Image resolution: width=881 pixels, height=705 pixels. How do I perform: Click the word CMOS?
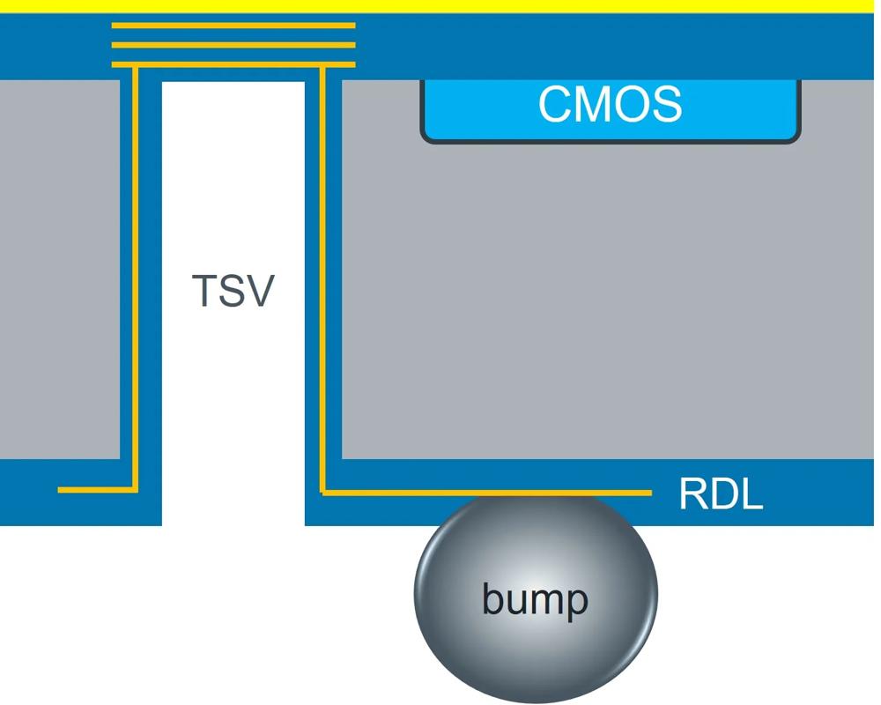click(610, 104)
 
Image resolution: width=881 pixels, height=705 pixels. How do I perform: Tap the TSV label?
click(233, 291)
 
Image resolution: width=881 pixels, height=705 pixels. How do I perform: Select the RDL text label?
click(720, 495)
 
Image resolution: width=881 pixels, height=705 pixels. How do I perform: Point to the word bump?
click(535, 600)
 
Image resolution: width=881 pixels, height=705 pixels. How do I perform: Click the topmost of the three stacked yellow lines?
click(233, 26)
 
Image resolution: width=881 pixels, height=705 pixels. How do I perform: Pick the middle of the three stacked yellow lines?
click(233, 45)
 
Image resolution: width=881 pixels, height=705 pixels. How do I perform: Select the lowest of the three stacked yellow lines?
click(233, 64)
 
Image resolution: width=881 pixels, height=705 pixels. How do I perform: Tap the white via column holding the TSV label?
click(233, 397)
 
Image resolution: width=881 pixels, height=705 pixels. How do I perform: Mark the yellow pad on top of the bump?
click(536, 498)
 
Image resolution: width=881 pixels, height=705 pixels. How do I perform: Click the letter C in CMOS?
click(553, 104)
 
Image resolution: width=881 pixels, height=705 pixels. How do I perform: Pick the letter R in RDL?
click(692, 495)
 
